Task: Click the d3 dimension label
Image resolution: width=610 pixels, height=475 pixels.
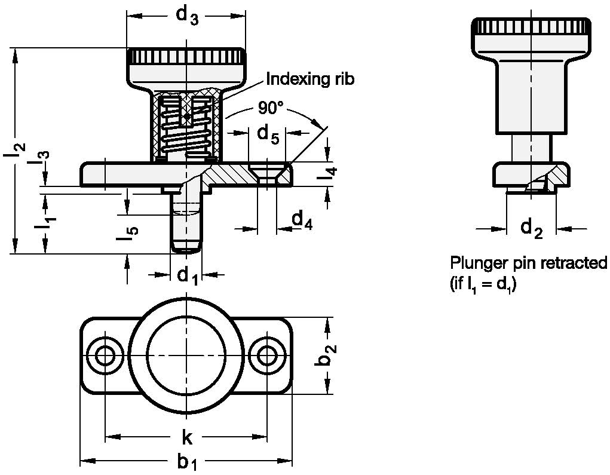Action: [x=186, y=17]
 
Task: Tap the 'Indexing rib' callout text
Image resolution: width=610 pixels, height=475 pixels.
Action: [x=310, y=79]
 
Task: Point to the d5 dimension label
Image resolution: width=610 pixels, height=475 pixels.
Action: [x=268, y=135]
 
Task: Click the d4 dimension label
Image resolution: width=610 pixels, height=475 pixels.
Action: [x=302, y=220]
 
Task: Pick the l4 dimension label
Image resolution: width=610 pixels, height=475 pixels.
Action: [x=331, y=177]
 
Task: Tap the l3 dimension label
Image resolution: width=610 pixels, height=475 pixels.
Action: [x=42, y=158]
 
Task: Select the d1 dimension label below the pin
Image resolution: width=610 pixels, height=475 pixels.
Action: [x=187, y=275]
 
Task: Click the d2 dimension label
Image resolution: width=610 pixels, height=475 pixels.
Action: [x=531, y=228]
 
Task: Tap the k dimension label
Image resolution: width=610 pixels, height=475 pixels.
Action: [x=186, y=439]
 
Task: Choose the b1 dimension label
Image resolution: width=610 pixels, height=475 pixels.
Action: [x=186, y=462]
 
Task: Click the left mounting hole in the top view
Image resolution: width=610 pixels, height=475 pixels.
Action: [x=106, y=357]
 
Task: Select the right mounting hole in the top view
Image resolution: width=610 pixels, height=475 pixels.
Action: [x=266, y=357]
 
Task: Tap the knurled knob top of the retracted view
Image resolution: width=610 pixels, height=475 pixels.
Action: [x=528, y=27]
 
